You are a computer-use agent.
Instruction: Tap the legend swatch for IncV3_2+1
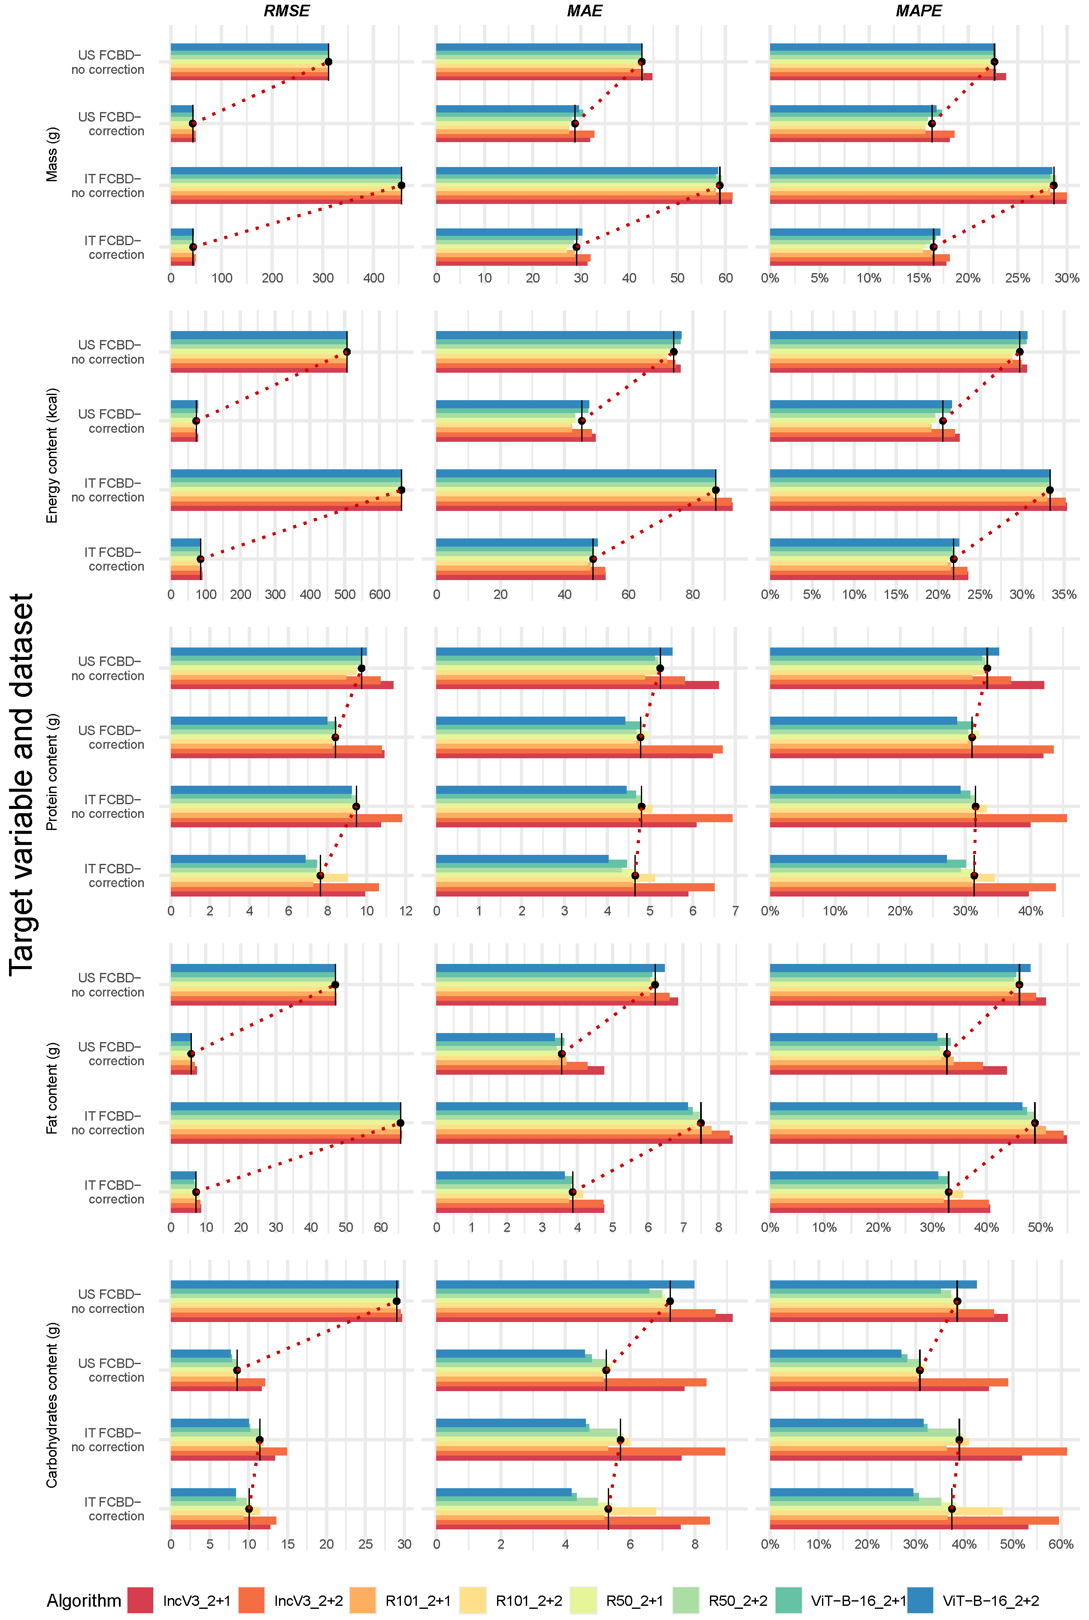(140, 1601)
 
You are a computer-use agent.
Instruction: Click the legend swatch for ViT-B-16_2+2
(920, 1601)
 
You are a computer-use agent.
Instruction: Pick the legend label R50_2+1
(634, 1601)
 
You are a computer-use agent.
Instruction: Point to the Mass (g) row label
(52, 154)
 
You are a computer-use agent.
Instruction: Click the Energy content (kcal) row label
(52, 455)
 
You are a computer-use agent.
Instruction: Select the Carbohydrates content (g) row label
(52, 1404)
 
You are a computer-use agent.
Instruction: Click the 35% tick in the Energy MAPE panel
(1063, 595)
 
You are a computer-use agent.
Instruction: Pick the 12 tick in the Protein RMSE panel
(406, 911)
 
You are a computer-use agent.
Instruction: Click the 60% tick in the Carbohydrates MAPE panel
(1061, 1544)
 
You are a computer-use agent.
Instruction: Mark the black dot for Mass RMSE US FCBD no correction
(328, 62)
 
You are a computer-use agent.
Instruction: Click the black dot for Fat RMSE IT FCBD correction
(196, 1192)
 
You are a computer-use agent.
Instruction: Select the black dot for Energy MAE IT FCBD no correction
(716, 490)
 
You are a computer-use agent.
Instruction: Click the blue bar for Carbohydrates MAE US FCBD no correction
(564, 1285)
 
